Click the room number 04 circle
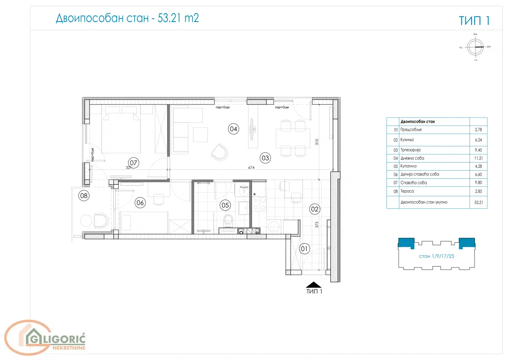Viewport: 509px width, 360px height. [x=233, y=129]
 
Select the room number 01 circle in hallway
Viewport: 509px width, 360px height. [x=305, y=248]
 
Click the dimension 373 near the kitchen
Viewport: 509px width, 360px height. [x=316, y=225]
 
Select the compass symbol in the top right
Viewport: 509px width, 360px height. [x=475, y=47]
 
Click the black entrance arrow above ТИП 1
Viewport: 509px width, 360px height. [x=314, y=285]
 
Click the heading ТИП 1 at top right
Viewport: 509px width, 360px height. [x=474, y=21]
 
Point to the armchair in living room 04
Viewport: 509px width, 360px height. [x=219, y=152]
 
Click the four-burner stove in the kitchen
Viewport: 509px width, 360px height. [x=259, y=204]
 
